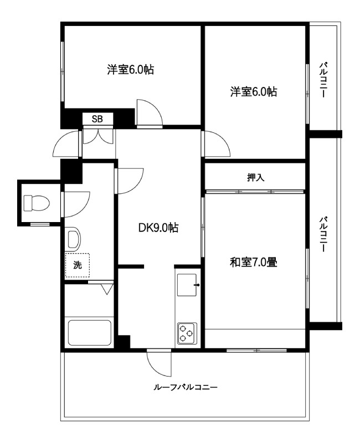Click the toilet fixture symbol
(x=37, y=203)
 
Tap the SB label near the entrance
(x=97, y=119)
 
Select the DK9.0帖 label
(x=158, y=228)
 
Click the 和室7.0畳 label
(x=254, y=262)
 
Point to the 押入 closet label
(x=256, y=177)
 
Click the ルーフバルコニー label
(x=186, y=387)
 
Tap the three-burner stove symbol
(x=187, y=333)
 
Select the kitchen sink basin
(x=187, y=285)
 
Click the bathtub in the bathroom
(x=90, y=333)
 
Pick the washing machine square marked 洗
(x=78, y=265)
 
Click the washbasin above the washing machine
(x=74, y=239)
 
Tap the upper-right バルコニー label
(x=323, y=80)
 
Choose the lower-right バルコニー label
(x=323, y=234)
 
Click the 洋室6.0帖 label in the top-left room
(x=131, y=69)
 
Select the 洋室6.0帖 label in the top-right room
(x=254, y=92)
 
